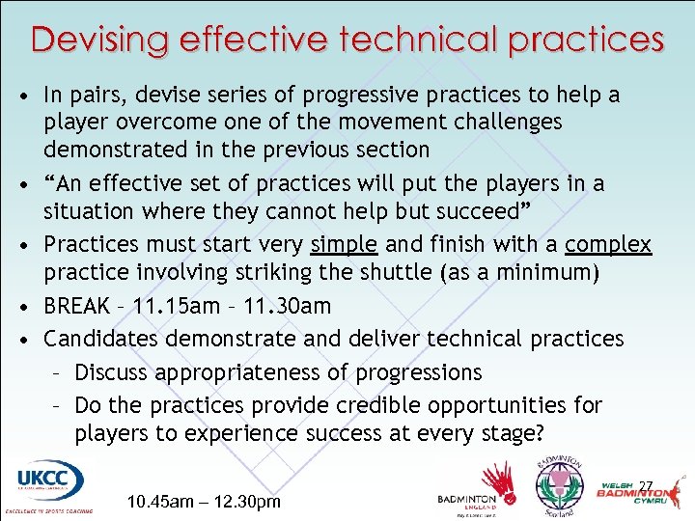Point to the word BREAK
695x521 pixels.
(x=77, y=307)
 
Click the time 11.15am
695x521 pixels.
(x=177, y=307)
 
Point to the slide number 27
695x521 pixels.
(x=647, y=485)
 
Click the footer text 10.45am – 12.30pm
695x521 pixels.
(x=204, y=503)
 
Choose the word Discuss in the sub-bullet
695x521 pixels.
(x=114, y=372)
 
